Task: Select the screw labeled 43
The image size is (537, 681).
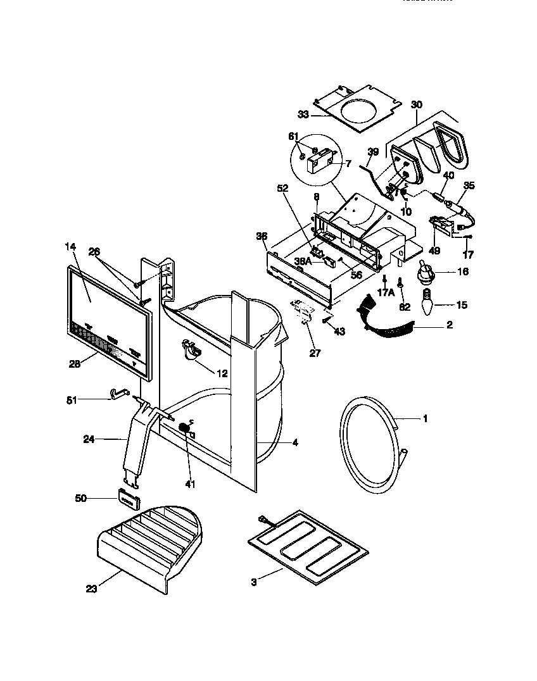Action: point(326,320)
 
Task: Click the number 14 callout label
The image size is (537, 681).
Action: point(70,247)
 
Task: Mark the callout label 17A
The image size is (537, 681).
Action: point(386,293)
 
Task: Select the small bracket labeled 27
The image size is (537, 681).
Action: point(304,311)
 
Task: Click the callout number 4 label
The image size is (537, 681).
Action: point(295,443)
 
